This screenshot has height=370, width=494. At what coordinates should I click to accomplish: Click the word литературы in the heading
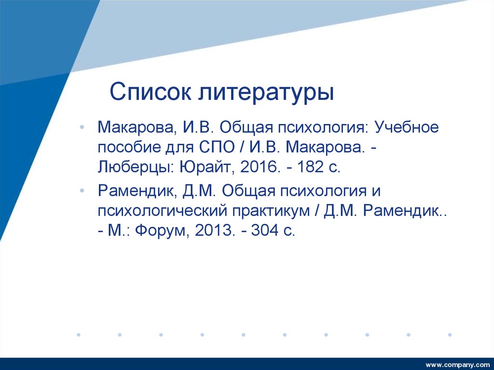(x=265, y=92)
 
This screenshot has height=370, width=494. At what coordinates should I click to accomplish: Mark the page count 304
(x=267, y=231)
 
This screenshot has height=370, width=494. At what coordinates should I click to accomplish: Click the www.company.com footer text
(x=457, y=363)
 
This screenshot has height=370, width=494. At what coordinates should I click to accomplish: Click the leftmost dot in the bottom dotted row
(x=78, y=334)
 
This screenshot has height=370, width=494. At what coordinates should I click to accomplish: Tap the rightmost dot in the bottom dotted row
(x=450, y=334)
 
